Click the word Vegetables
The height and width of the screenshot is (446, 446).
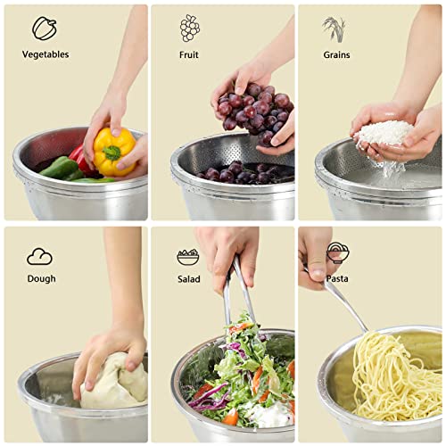(x=45, y=54)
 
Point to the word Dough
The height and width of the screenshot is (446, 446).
(x=41, y=278)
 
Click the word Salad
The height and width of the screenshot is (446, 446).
(x=188, y=278)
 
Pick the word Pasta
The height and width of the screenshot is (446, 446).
(x=337, y=278)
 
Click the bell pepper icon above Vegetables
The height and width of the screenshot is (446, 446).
(x=44, y=28)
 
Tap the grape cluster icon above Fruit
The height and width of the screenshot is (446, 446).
(x=189, y=28)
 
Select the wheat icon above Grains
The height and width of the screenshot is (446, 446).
(x=334, y=28)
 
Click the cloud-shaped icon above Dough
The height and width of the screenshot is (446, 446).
(x=39, y=257)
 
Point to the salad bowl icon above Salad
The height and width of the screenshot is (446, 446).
(x=188, y=257)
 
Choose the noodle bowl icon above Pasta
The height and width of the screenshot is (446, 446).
(x=337, y=252)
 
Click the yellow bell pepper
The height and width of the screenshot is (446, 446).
(x=113, y=152)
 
